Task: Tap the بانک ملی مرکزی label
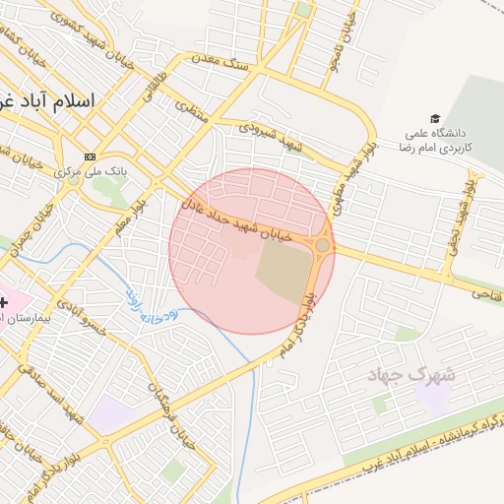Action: pyautogui.click(x=82, y=172)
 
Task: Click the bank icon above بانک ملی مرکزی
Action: pyautogui.click(x=91, y=157)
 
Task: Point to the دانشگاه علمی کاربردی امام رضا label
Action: pyautogui.click(x=438, y=139)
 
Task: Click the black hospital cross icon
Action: pyautogui.click(x=6, y=302)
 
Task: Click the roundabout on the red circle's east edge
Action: pyautogui.click(x=322, y=245)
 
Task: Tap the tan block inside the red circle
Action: pyautogui.click(x=282, y=270)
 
